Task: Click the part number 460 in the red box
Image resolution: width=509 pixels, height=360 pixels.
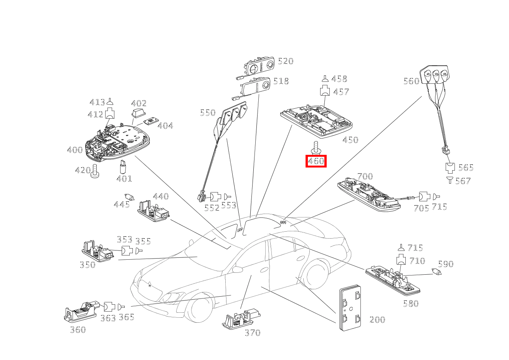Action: [x=316, y=161]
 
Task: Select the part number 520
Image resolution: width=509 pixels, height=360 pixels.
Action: [x=285, y=61]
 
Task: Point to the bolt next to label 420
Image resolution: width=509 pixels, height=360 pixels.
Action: [x=95, y=171]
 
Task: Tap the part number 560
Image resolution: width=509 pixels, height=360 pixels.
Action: [x=411, y=81]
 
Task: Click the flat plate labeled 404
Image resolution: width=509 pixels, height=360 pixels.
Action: [x=152, y=121]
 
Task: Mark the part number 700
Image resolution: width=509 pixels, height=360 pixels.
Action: [x=365, y=176]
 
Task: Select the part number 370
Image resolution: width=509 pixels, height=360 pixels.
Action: [x=252, y=333]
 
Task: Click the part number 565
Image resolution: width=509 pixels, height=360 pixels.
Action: [x=466, y=168]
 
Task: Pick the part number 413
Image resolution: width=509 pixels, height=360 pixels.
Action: [x=97, y=102]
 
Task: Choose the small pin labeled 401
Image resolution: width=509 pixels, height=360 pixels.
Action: [x=123, y=167]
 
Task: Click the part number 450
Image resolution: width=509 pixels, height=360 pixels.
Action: [x=350, y=140]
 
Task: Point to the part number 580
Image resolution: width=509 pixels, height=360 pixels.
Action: [x=410, y=304]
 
